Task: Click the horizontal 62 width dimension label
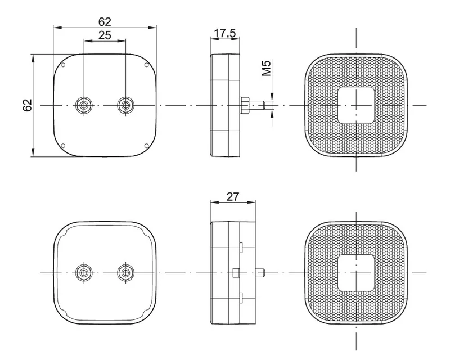click(x=105, y=22)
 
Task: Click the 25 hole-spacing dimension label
click(x=105, y=35)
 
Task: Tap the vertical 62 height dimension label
click(x=27, y=105)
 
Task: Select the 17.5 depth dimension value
click(x=225, y=33)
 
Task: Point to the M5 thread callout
click(x=267, y=68)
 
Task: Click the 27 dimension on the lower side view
click(x=232, y=197)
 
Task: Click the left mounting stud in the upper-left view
click(x=83, y=105)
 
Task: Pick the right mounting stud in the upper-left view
click(x=125, y=105)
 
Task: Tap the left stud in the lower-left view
click(x=83, y=272)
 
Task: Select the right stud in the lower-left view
click(x=125, y=272)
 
